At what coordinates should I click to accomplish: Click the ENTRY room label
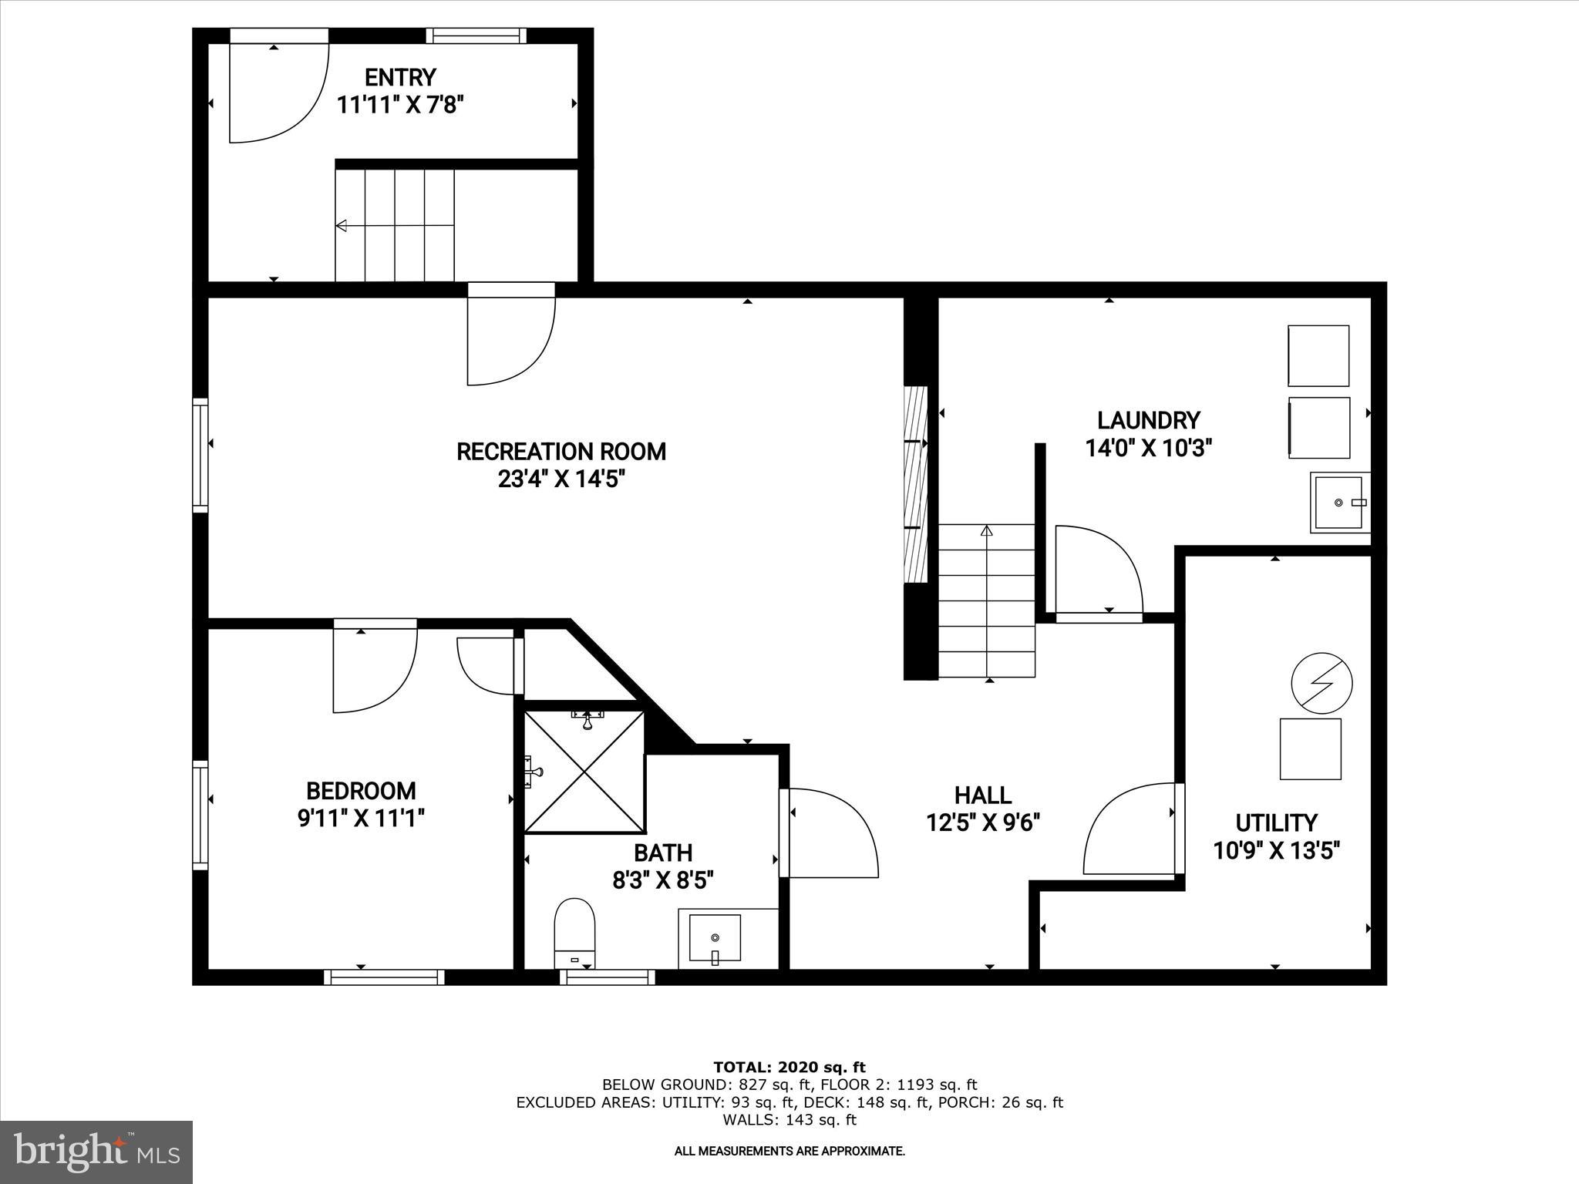(400, 78)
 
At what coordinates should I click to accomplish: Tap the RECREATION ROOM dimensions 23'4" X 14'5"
(561, 479)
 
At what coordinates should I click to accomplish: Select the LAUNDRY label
(1149, 420)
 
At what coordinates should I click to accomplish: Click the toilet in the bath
(575, 930)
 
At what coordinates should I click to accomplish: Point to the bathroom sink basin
(715, 938)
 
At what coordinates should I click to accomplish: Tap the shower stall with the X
(584, 772)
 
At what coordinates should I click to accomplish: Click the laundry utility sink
(1339, 503)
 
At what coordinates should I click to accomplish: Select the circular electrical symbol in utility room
(1321, 683)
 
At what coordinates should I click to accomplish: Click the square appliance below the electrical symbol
(1310, 749)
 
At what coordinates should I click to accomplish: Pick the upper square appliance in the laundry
(1318, 355)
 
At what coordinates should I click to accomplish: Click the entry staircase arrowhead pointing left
(342, 226)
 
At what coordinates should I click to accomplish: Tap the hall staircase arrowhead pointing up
(986, 530)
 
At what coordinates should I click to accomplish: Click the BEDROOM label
(361, 791)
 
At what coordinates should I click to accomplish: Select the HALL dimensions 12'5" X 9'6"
(983, 823)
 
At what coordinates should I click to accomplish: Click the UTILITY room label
(1276, 822)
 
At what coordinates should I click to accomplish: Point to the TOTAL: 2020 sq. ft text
(789, 1068)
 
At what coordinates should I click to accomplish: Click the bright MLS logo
(96, 1152)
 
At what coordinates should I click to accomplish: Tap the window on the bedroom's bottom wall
(384, 977)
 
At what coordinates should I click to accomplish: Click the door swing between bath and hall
(833, 832)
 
